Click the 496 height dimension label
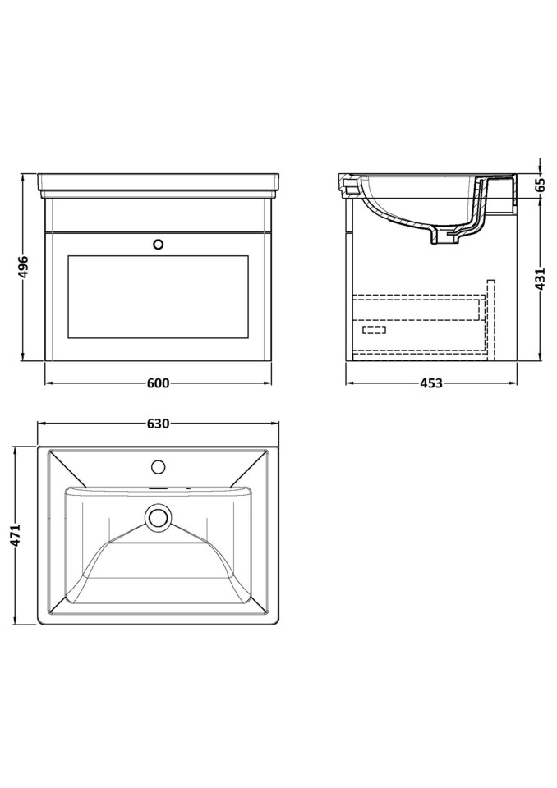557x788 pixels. click(24, 267)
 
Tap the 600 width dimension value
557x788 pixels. click(158, 383)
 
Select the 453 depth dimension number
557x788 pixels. click(430, 383)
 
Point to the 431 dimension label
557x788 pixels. click(540, 279)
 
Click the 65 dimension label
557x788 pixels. click(540, 184)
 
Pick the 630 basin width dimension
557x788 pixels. click(158, 424)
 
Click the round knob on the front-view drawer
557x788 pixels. click(159, 244)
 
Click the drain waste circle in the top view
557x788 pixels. click(158, 517)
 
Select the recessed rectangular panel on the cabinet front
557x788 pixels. click(158, 295)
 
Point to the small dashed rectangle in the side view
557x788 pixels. click(374, 329)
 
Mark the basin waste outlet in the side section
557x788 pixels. click(443, 239)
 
